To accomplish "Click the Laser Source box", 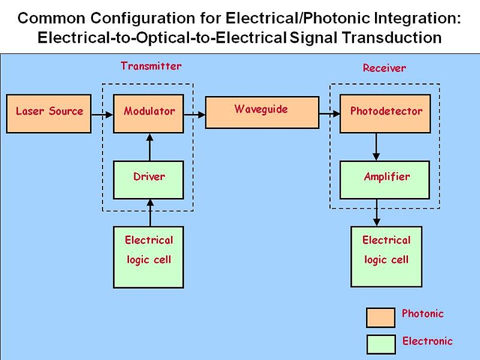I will point(49,113).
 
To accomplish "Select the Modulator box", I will point(149,113).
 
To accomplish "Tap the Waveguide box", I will point(262,111).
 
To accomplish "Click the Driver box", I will point(149,179).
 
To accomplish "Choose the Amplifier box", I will point(385,179).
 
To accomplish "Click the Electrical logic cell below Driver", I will point(149,257).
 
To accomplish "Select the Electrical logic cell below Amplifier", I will point(385,257).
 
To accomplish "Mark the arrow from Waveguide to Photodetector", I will point(329,113).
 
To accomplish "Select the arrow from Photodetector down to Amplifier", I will point(376,146).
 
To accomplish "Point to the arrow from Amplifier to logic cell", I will point(376,212).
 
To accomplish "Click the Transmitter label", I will point(151,66).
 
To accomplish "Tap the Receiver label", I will point(384,68).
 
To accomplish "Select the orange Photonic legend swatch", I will point(381,317).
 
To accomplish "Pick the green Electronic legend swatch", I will point(381,344).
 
